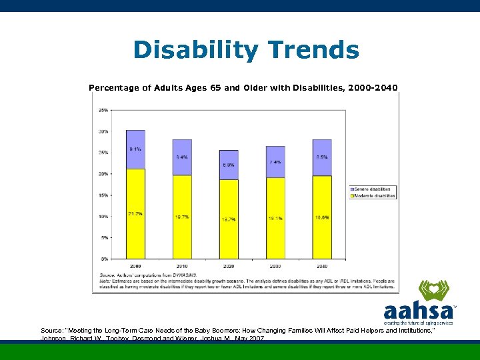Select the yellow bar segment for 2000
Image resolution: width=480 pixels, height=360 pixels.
135,214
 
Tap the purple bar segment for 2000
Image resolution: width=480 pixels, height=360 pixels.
135,149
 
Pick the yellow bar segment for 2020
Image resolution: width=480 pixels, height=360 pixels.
229,219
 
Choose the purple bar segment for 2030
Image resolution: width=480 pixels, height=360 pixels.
275,162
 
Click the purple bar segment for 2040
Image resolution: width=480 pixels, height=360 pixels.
322,157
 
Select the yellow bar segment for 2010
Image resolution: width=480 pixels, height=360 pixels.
182,217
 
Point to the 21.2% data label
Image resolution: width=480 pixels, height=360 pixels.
135,213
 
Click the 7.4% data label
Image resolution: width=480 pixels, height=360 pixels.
275,162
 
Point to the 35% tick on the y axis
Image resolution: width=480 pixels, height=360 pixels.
104,110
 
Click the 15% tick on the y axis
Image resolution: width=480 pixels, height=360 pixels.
104,195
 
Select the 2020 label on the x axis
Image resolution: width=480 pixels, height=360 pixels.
229,265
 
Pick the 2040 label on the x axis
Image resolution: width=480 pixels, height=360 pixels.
322,265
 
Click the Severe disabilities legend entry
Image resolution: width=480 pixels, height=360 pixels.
374,189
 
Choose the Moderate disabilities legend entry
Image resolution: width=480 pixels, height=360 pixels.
374,196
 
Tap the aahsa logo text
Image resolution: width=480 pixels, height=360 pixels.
419,311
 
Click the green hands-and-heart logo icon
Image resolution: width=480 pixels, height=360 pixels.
434,291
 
